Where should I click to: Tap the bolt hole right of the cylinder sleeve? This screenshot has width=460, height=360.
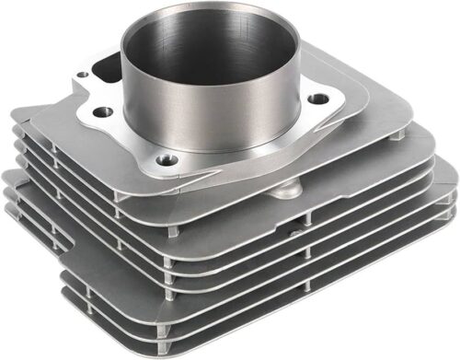point(318,98)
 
